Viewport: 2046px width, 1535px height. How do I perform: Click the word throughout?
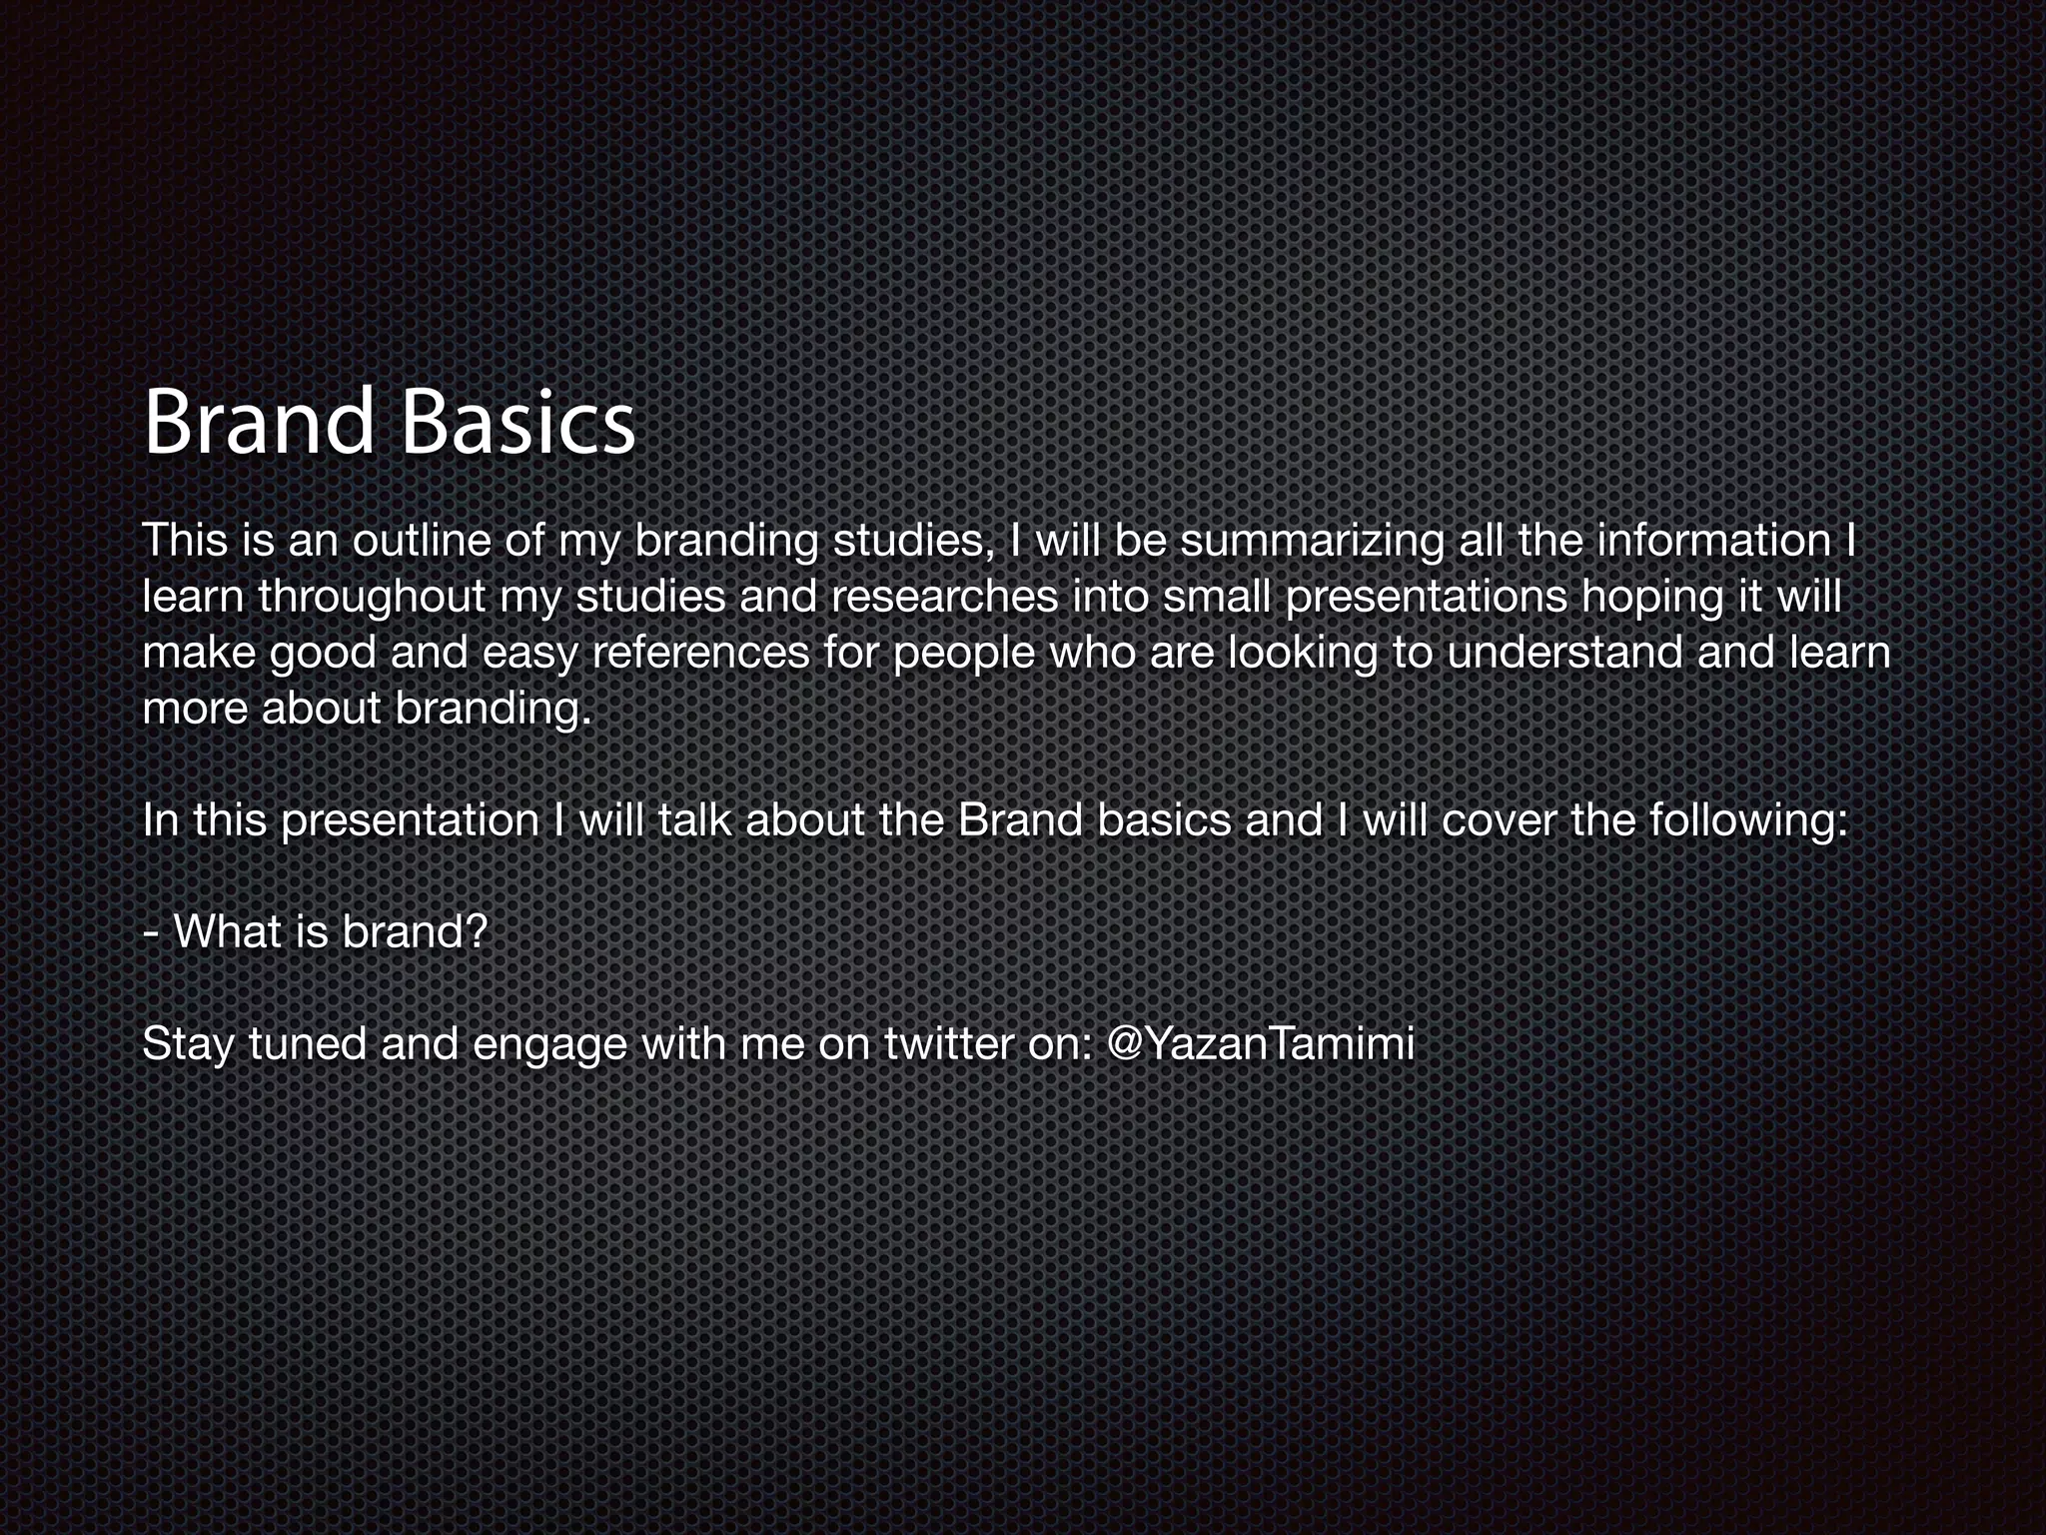point(372,597)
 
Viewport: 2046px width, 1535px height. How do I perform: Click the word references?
point(700,653)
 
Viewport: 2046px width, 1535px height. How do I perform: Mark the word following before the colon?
point(1741,821)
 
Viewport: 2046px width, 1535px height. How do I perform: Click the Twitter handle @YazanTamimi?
point(1261,1044)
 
